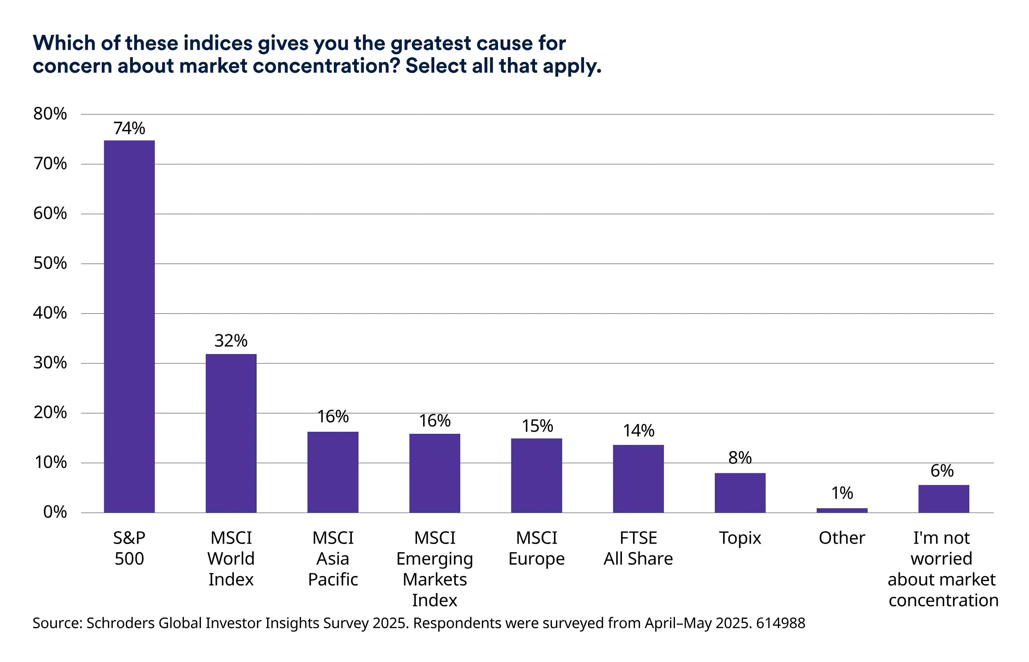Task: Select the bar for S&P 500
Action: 129,326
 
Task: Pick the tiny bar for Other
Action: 842,510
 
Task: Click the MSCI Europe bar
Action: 536,475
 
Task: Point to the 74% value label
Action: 129,128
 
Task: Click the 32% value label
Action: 231,341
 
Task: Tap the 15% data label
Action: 537,426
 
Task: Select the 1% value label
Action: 842,493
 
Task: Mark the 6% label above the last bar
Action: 942,471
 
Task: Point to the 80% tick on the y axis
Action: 50,114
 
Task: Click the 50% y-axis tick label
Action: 50,263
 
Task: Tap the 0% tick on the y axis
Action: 55,512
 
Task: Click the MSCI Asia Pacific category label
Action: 333,558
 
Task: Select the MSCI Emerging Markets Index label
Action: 435,569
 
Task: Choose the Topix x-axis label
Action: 740,538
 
